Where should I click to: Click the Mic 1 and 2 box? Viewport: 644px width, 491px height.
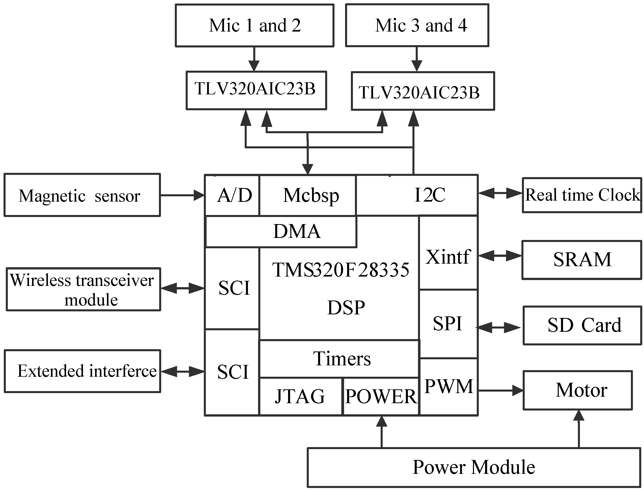pyautogui.click(x=254, y=25)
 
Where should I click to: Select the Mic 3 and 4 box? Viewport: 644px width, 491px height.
pyautogui.click(x=417, y=25)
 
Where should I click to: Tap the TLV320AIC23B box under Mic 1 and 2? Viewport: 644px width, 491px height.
pyautogui.click(x=256, y=90)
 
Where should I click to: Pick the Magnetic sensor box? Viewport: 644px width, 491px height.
pyautogui.click(x=82, y=195)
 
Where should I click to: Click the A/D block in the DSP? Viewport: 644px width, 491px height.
pyautogui.click(x=232, y=195)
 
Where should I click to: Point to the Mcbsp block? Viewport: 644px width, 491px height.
pyautogui.click(x=308, y=195)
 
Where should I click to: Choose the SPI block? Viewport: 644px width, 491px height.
pyautogui.click(x=448, y=324)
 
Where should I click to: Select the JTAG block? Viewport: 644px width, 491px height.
pyautogui.click(x=300, y=396)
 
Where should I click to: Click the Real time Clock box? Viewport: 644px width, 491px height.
pyautogui.click(x=581, y=195)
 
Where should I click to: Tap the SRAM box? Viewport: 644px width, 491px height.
pyautogui.click(x=581, y=260)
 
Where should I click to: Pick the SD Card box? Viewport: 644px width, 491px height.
pyautogui.click(x=582, y=325)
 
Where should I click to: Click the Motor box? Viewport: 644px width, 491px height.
pyautogui.click(x=577, y=390)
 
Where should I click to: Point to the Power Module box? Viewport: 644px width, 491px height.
pyautogui.click(x=474, y=467)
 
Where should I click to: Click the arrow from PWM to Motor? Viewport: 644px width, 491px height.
pyautogui.click(x=500, y=390)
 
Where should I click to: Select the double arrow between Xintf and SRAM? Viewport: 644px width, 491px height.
pyautogui.click(x=500, y=256)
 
